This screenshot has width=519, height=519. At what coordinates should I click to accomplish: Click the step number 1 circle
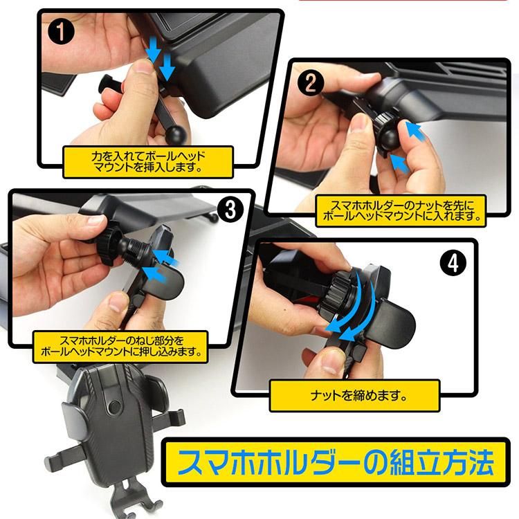click(61, 31)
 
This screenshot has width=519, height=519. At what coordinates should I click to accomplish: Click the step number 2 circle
click(310, 82)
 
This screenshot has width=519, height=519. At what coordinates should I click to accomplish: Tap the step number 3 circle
click(230, 209)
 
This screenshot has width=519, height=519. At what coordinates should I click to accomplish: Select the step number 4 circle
click(453, 263)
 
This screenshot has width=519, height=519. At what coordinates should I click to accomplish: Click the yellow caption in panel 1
click(148, 161)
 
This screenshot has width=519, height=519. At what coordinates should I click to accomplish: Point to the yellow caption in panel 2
click(401, 211)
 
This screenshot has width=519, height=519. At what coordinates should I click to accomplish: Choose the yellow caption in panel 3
click(120, 346)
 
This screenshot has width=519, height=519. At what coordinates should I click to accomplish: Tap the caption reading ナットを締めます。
click(355, 396)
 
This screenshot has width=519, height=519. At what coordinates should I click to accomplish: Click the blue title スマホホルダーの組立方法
click(336, 462)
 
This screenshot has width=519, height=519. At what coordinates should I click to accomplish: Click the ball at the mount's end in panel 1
click(176, 134)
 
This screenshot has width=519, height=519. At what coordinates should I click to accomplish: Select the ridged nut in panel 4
click(334, 289)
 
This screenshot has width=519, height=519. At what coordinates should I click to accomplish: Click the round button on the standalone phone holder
click(114, 406)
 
